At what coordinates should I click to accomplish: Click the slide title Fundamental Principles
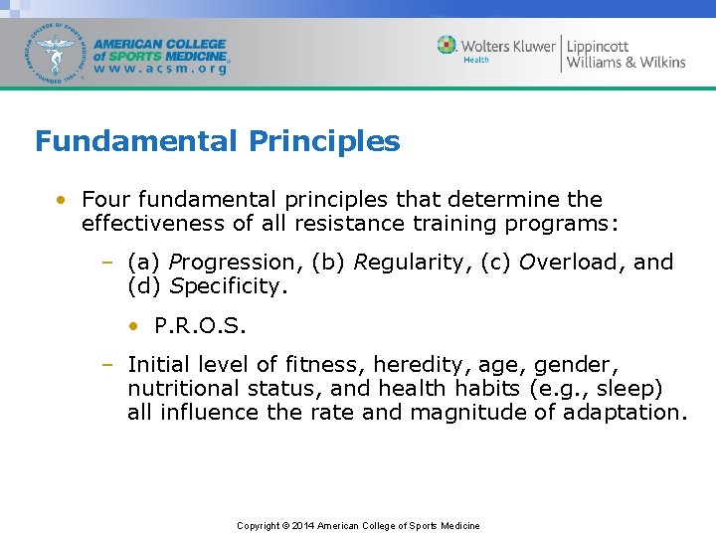(217, 141)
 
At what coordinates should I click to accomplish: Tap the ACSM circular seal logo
(57, 52)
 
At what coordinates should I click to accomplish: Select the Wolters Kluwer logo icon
(447, 45)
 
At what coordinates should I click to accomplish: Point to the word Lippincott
(598, 46)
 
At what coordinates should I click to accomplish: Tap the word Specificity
(228, 286)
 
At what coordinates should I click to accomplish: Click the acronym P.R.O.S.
(200, 326)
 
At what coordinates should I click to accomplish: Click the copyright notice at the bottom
(358, 525)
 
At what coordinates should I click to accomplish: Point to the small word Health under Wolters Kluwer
(476, 60)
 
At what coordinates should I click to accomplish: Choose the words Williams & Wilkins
(626, 62)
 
